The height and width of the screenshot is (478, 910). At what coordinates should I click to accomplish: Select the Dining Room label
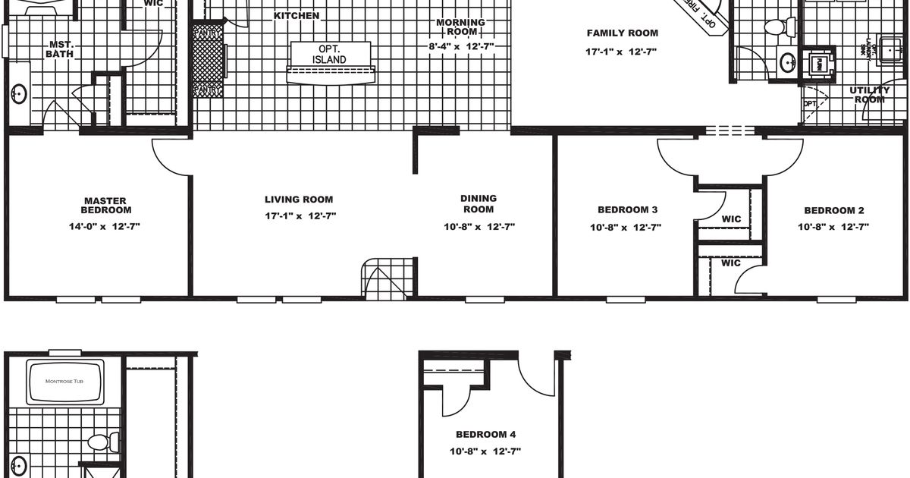[479, 203]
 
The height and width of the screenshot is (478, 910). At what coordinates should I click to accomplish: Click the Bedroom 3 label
[627, 210]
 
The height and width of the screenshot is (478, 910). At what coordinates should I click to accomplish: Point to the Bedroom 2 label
[833, 211]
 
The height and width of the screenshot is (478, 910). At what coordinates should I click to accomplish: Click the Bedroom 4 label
[485, 435]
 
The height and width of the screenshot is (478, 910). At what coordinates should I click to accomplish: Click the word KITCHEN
[296, 15]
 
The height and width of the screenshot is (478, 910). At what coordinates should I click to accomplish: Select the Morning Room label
[461, 27]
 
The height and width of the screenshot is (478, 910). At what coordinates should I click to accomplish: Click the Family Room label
[622, 33]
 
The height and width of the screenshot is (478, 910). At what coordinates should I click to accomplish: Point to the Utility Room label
[870, 95]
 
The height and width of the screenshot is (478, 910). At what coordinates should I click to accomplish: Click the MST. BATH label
[61, 49]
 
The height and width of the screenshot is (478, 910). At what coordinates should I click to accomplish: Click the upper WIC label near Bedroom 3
[731, 219]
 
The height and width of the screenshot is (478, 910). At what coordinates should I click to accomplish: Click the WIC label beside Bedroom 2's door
[730, 263]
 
